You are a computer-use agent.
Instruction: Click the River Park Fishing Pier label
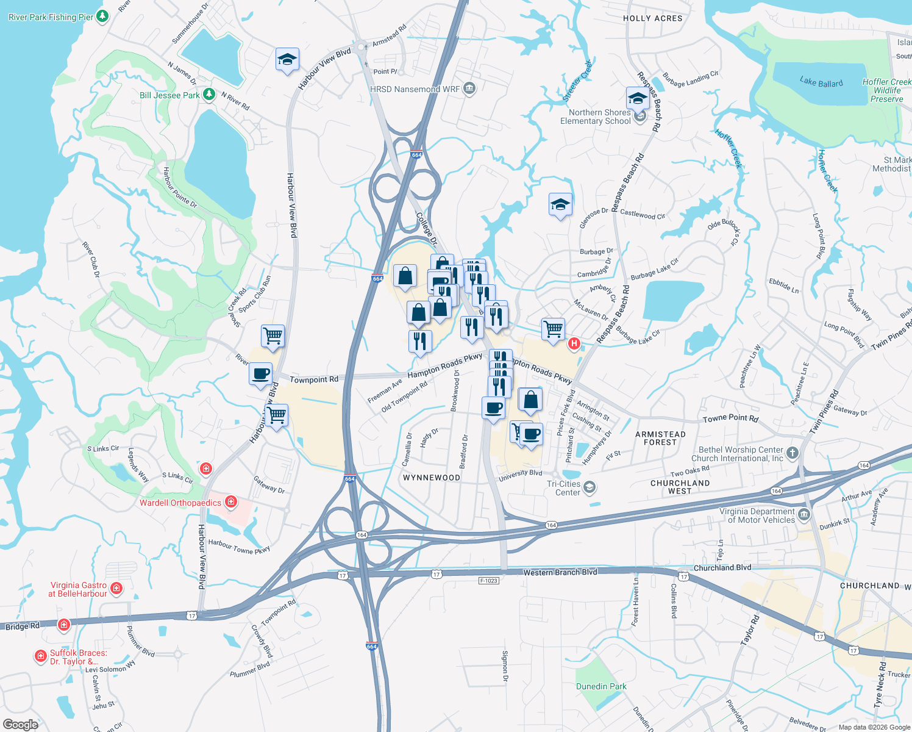coord(51,17)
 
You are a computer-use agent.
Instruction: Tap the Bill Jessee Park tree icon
coord(209,95)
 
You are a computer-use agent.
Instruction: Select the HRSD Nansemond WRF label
coord(415,89)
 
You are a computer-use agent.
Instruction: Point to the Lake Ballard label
coord(821,82)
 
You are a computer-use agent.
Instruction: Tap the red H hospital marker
coord(574,344)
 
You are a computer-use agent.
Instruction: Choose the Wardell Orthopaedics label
coord(180,503)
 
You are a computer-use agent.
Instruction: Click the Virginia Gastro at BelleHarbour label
coord(78,589)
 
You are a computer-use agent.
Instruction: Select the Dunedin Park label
coord(601,686)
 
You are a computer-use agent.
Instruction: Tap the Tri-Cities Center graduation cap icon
coord(589,487)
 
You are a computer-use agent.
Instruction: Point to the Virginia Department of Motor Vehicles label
coord(757,515)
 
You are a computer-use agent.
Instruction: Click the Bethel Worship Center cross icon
coord(792,453)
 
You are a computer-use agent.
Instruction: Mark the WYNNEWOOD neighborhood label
coord(432,478)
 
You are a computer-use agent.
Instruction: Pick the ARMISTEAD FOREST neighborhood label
coord(660,438)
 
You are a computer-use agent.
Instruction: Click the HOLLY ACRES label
coord(652,18)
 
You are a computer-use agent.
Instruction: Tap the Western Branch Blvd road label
coord(560,572)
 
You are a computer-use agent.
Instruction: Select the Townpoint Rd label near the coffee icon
coord(313,379)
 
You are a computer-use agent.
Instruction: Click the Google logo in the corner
coord(20,725)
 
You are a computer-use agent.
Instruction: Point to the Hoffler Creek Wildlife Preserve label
coord(886,90)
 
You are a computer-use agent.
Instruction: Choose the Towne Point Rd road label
coord(730,418)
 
